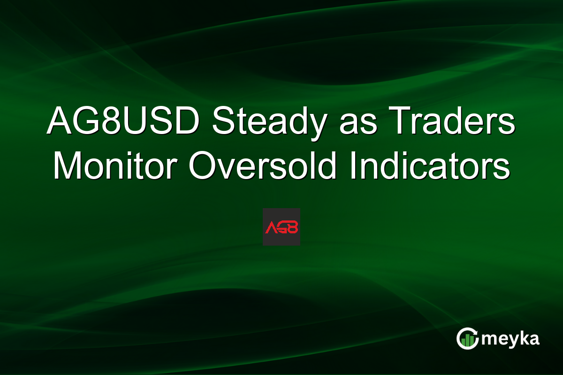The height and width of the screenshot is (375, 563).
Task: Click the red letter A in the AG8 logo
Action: tap(271, 227)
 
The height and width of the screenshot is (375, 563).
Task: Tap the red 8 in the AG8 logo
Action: tap(293, 227)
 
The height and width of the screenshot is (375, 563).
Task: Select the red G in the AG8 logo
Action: tap(282, 227)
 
